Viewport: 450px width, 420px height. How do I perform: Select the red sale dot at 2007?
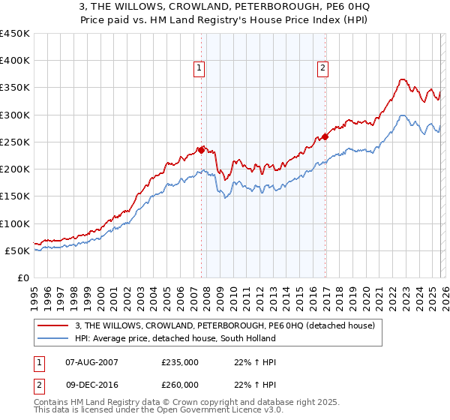[201, 150]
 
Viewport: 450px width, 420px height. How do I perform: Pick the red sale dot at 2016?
[325, 136]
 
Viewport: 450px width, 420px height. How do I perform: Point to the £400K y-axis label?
[15, 61]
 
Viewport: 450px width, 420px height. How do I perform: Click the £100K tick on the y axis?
[15, 223]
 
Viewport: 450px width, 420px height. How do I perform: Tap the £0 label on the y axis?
[22, 277]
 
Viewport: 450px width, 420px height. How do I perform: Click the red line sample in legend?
[54, 325]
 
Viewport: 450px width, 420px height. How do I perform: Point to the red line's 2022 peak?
[403, 79]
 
